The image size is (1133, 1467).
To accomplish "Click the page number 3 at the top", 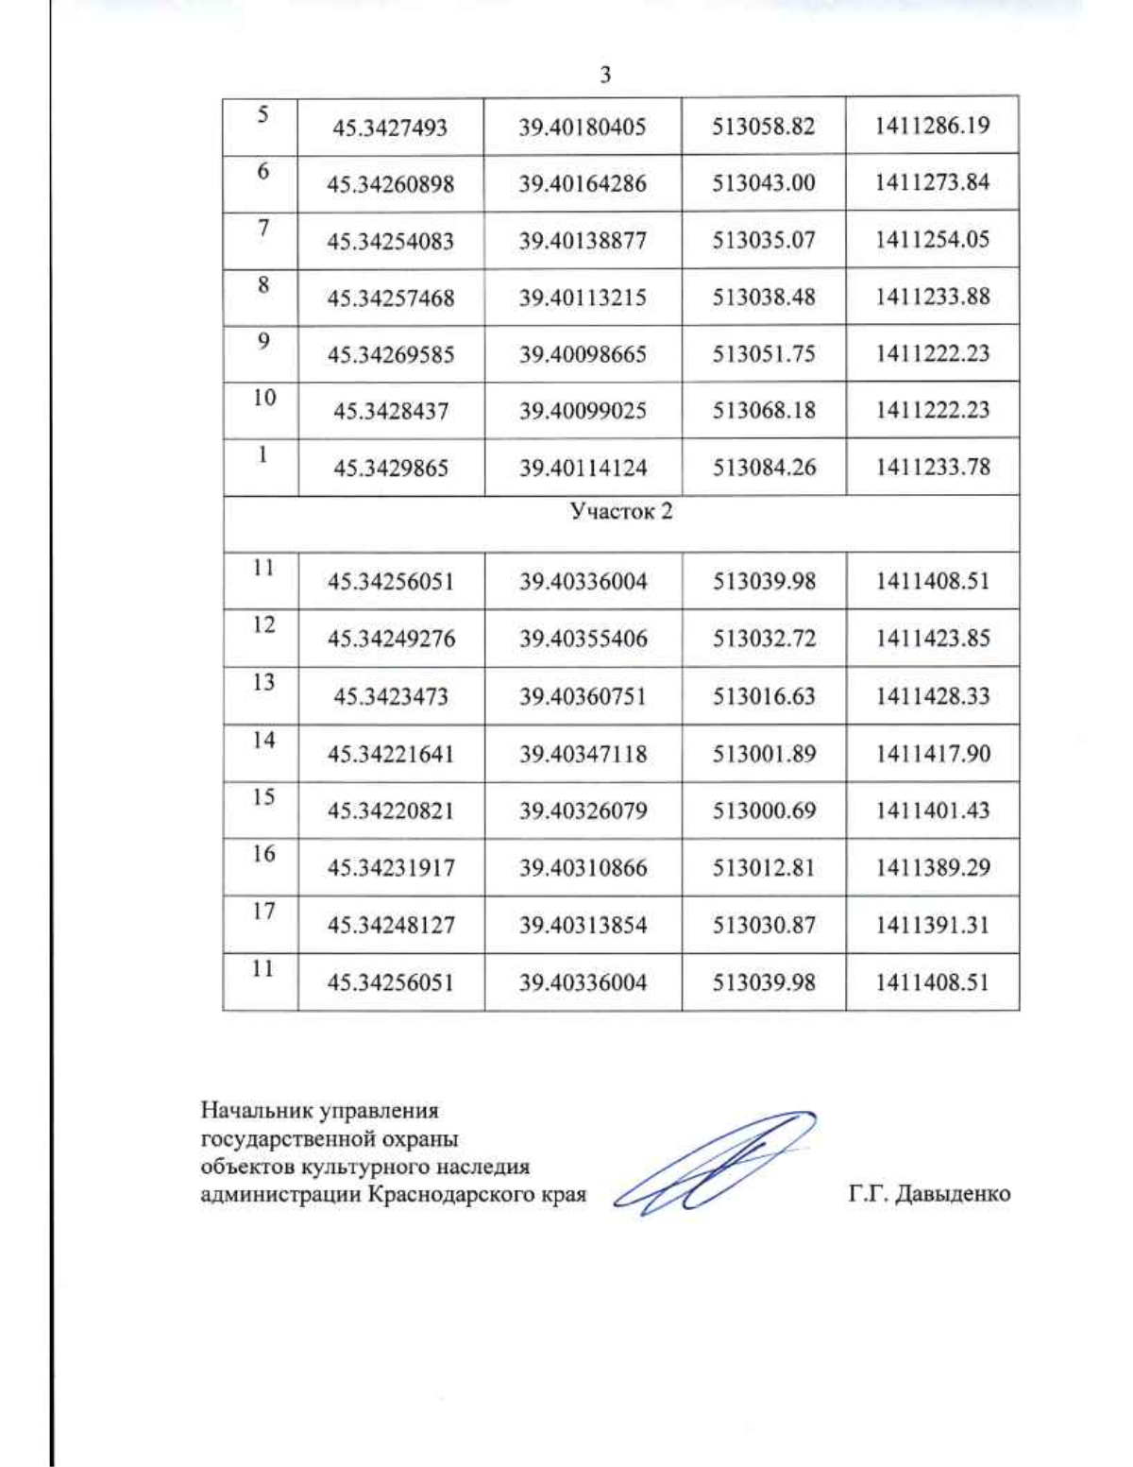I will pos(605,75).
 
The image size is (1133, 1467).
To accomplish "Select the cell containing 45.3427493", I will pos(390,128).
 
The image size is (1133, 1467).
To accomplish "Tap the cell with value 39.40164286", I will pos(582,183).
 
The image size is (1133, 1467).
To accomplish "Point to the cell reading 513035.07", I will pos(763,240).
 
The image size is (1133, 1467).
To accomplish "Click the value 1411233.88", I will pos(932,297).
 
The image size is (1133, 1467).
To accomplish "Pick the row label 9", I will pos(263,341).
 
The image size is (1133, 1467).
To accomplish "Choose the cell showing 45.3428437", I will pos(390,411).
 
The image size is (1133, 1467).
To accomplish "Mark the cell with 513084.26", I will pos(763,467).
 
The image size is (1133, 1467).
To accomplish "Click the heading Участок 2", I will pos(620,512).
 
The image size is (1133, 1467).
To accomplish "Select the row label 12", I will pos(263,625).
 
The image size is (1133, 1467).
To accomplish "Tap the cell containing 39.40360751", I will pos(582,696).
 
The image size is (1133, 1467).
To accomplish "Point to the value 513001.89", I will pos(763,754).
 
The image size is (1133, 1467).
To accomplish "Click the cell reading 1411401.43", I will pos(932,810).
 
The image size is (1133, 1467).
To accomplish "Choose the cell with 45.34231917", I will pos(390,867).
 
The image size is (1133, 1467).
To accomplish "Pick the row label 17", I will pos(263,912).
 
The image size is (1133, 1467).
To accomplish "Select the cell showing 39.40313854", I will pos(582,925).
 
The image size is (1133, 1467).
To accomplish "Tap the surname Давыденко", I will pos(952,1194).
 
